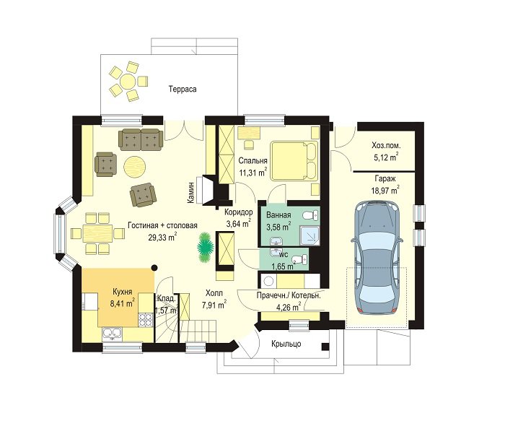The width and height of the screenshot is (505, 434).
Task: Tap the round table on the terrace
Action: pos(128,82)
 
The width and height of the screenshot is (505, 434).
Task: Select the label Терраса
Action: pos(183,89)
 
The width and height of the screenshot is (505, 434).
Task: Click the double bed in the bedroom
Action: pos(294,161)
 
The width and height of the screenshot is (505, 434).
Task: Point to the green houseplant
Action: pos(205,247)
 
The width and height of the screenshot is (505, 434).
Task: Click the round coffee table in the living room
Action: pos(135,166)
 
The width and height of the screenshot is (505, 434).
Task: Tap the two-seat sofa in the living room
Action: pos(141,139)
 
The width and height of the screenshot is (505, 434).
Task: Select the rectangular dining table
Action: pos(97,233)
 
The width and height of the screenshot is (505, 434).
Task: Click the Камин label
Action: pos(191,193)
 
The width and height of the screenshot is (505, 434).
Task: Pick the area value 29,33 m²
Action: pos(162,237)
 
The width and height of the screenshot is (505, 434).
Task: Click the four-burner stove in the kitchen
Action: pos(145,320)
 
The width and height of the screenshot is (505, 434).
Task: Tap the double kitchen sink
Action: pos(112,334)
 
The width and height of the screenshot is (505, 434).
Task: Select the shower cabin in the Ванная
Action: pos(309,236)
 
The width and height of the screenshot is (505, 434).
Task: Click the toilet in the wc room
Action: pos(300,259)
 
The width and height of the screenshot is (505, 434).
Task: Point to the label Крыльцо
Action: pos(286,344)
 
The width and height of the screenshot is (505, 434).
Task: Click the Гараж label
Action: pos(385,178)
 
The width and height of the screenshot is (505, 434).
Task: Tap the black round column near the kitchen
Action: pos(154,267)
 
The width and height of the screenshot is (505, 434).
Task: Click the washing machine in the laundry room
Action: pos(268,281)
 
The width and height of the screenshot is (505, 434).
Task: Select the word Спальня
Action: pos(252,161)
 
